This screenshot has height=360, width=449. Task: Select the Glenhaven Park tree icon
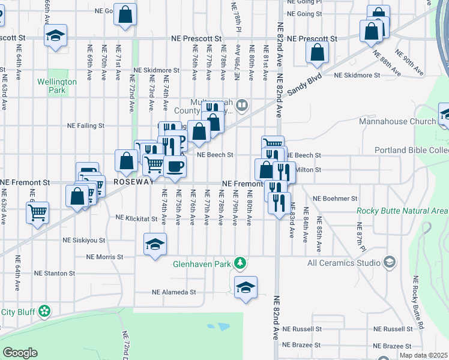click(240, 263)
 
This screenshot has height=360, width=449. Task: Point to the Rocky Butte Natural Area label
click(401, 211)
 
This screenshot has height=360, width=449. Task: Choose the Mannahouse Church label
click(397, 122)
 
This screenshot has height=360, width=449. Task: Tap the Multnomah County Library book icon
click(241, 106)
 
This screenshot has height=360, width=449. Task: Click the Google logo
click(20, 353)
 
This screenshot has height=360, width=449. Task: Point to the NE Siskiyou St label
click(83, 240)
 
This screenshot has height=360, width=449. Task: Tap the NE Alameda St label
click(174, 292)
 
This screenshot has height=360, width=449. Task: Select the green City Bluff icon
click(43, 311)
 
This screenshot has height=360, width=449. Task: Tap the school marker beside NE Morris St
click(155, 244)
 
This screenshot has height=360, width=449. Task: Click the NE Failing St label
click(85, 126)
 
